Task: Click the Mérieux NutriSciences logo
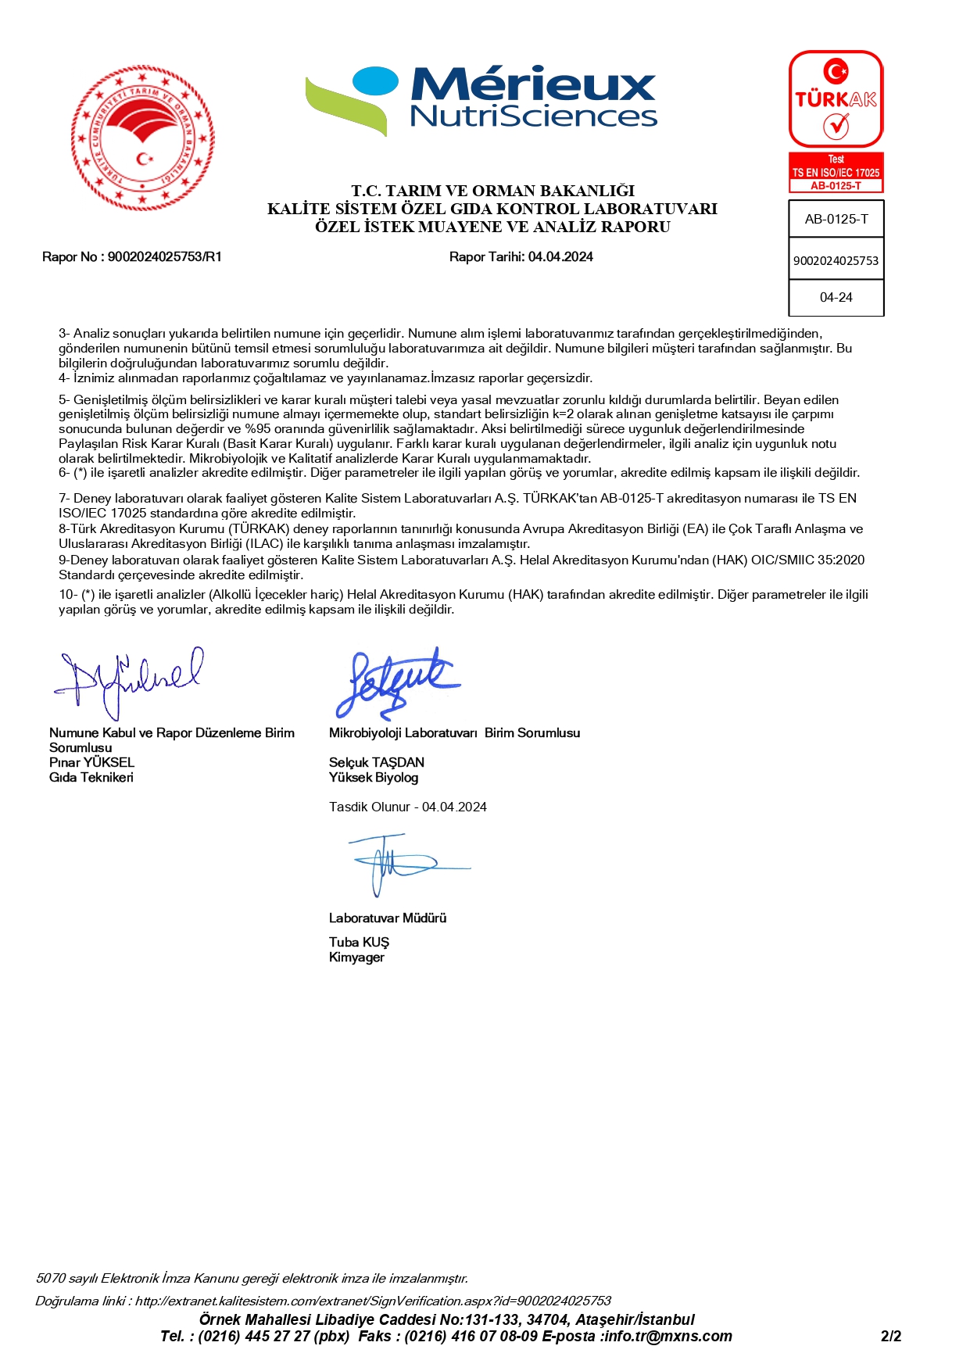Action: tap(481, 100)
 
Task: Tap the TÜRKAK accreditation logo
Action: tap(836, 99)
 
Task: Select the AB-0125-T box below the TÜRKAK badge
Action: tap(836, 220)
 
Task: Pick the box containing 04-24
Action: tap(836, 298)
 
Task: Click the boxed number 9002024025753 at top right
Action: tap(836, 261)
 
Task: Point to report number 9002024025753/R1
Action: tap(164, 257)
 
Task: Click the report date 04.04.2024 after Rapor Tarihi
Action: tap(560, 257)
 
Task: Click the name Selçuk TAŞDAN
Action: tap(377, 763)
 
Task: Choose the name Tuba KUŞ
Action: tap(359, 943)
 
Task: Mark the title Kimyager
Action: tap(356, 958)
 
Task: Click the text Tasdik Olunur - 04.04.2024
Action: tap(407, 807)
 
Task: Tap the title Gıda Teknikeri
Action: tap(91, 778)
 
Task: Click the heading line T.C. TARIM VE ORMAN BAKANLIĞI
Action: tap(492, 191)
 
